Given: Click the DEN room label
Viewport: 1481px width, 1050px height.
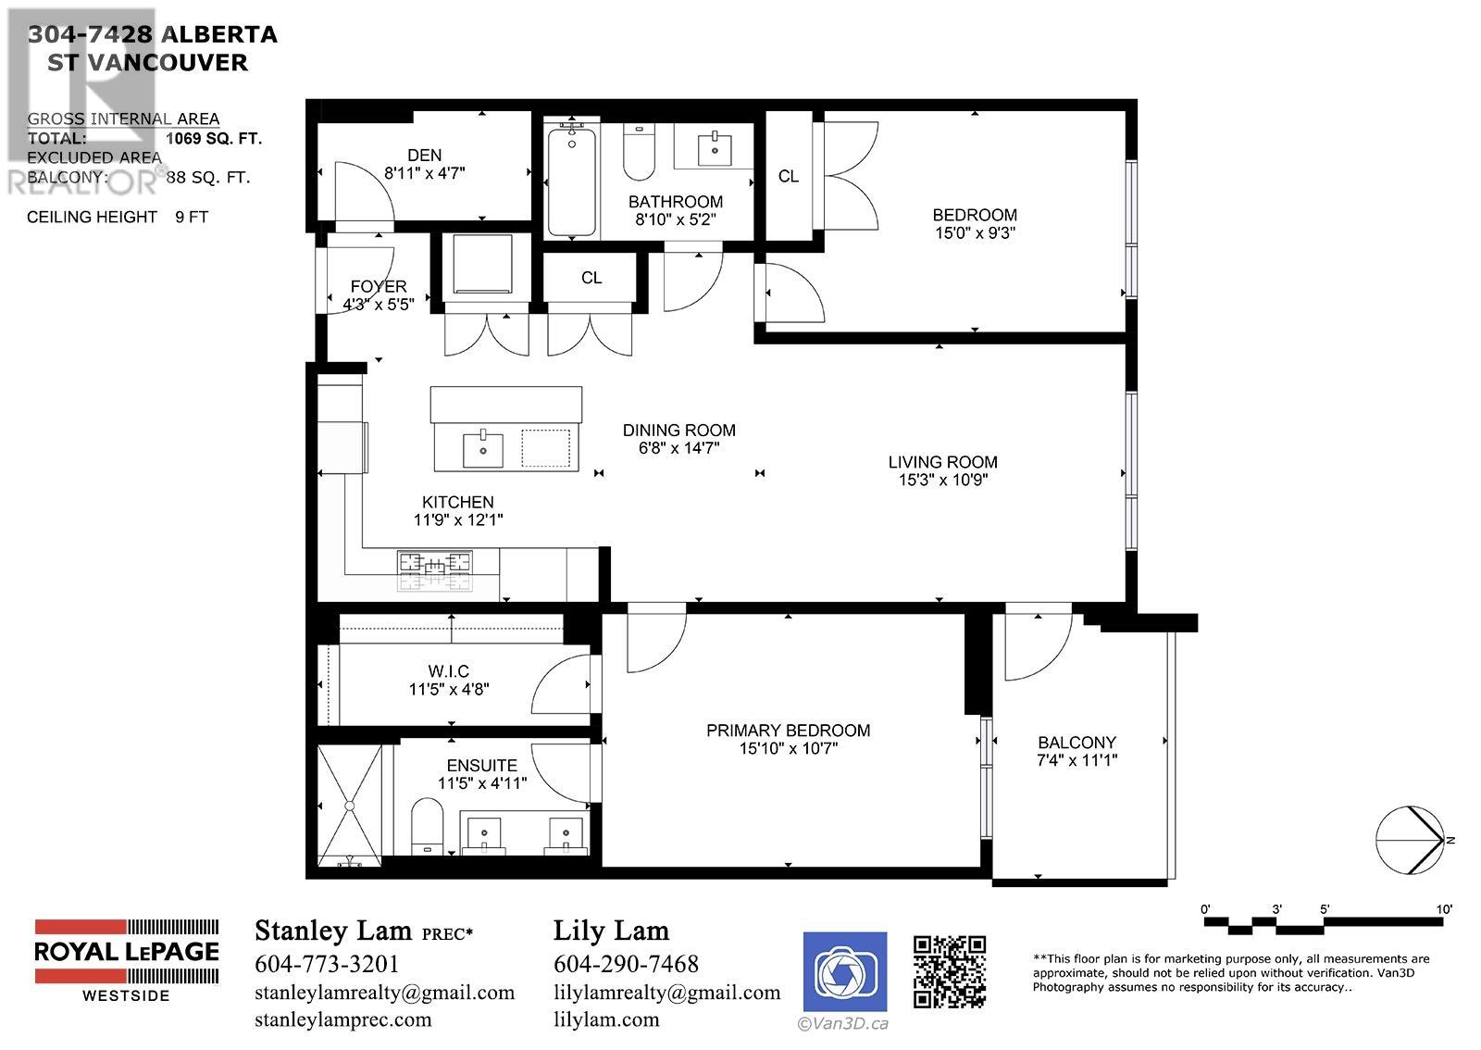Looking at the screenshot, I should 424,156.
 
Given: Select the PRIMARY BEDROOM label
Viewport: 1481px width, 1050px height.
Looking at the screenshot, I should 788,731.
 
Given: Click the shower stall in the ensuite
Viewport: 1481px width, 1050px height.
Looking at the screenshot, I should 350,803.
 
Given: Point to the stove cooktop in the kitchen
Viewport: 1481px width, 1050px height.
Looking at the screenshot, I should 434,570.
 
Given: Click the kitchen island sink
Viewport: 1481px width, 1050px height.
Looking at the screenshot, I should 482,448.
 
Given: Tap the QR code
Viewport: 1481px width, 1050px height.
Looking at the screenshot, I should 949,970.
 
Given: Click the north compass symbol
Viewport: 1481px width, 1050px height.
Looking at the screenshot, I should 1410,840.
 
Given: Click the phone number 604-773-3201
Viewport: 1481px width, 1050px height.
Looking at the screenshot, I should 326,964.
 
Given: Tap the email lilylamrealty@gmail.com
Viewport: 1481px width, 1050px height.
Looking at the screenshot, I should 666,993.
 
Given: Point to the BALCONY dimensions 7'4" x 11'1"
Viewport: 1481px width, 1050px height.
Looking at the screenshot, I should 1077,760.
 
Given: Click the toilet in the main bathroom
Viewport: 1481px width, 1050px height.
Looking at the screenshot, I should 639,155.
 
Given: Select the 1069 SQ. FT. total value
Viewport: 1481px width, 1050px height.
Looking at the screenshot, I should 214,139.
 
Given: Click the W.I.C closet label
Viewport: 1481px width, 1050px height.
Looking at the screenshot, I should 448,671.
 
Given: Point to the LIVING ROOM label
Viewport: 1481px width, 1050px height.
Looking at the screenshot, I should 942,462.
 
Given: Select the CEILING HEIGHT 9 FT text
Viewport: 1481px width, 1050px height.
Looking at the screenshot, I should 118,217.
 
